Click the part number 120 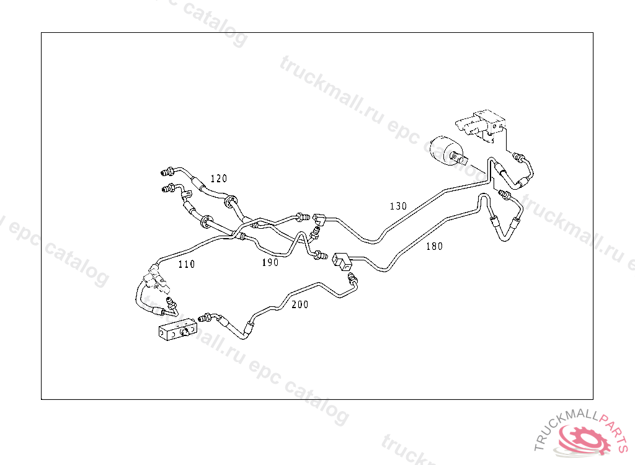[x=218, y=179]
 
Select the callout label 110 [x=186, y=264]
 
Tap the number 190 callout [x=270, y=262]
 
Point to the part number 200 [x=300, y=304]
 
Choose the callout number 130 [x=398, y=206]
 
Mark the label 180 [x=434, y=246]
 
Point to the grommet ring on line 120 [x=231, y=200]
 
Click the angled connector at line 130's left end [x=321, y=218]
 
